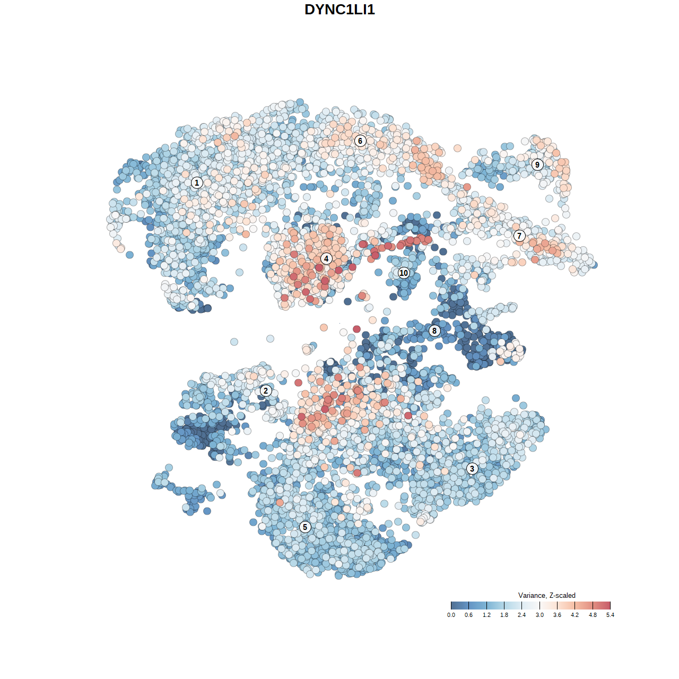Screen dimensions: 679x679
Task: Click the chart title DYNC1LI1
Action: (x=339, y=10)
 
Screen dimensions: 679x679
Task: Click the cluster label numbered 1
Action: (x=197, y=182)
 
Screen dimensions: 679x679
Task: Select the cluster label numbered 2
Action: (x=266, y=391)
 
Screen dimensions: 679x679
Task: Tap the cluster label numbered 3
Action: (x=472, y=468)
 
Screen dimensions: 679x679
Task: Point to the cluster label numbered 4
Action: (x=326, y=259)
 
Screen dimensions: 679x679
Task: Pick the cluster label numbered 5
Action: (x=305, y=527)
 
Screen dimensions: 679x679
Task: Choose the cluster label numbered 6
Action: (x=360, y=141)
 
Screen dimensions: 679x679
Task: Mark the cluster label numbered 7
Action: (x=519, y=236)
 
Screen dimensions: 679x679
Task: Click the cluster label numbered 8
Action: (x=434, y=331)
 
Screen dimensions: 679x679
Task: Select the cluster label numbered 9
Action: (x=537, y=164)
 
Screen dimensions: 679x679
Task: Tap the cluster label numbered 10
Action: (x=404, y=273)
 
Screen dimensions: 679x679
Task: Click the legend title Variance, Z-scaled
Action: (x=546, y=595)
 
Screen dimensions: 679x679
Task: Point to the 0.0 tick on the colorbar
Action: (x=451, y=605)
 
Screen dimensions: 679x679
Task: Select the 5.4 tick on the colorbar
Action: (x=611, y=605)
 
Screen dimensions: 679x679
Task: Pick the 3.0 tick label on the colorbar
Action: (x=539, y=615)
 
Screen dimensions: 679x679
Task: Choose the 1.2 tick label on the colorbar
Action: (x=486, y=615)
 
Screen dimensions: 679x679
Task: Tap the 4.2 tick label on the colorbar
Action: (x=575, y=615)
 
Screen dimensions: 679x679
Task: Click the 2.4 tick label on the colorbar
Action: (x=522, y=615)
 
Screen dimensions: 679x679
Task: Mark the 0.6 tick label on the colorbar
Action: (x=469, y=615)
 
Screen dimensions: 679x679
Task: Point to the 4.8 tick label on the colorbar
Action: (x=593, y=615)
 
